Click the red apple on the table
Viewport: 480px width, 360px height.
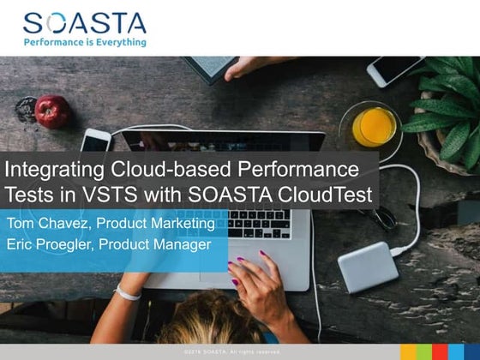[52, 111]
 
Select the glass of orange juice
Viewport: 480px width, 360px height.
[374, 126]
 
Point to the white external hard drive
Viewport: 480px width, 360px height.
[368, 267]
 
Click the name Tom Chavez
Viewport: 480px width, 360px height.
[47, 224]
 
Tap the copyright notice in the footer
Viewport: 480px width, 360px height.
[231, 352]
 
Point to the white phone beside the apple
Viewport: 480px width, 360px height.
[95, 141]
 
